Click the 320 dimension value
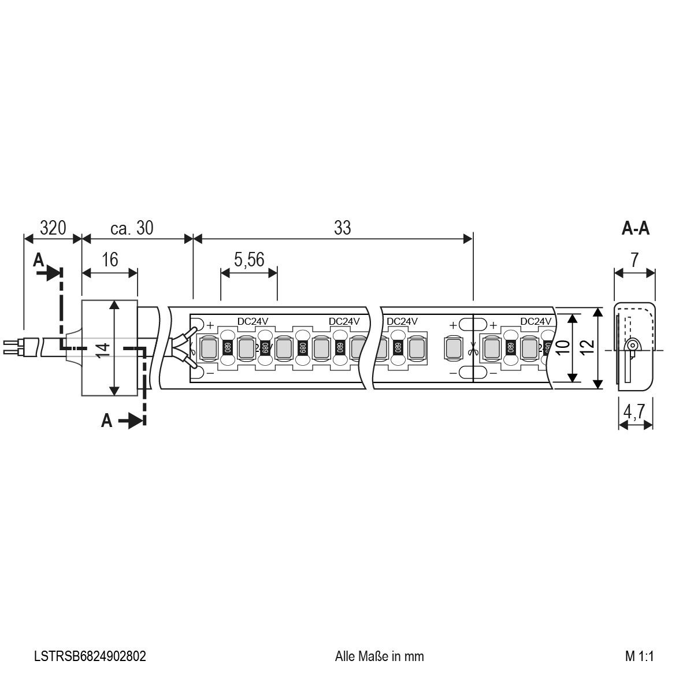point(52,228)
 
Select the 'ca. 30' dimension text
point(132,228)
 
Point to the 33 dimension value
point(342,228)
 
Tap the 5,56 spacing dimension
point(249,259)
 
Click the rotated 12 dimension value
point(587,347)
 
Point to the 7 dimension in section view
point(634,259)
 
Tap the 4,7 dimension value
point(635,412)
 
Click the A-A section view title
point(635,229)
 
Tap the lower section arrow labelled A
point(124,421)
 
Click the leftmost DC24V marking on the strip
point(254,321)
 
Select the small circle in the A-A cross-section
point(632,346)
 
